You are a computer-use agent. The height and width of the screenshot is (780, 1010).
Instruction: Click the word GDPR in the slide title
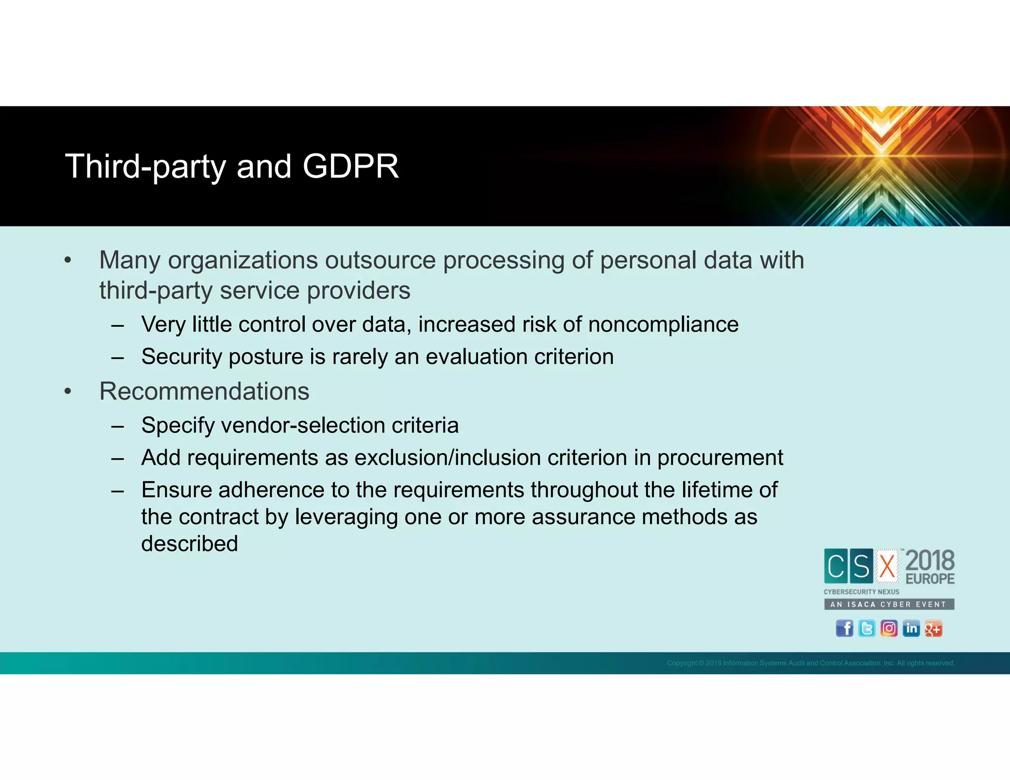(350, 166)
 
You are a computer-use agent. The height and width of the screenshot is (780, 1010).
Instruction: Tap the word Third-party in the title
(145, 167)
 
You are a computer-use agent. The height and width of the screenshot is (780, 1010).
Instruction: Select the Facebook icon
(844, 628)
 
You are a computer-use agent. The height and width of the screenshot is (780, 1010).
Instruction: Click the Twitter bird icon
(866, 628)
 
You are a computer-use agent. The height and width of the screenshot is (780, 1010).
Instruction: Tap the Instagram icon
(889, 628)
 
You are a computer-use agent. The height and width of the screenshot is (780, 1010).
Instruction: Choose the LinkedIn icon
(911, 628)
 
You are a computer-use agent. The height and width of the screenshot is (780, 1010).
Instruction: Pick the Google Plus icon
(933, 628)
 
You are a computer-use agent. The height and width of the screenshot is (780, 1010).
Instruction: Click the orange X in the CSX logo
(887, 566)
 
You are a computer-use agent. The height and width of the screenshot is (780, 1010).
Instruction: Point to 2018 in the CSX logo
(930, 561)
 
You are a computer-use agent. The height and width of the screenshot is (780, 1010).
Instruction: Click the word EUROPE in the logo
(930, 579)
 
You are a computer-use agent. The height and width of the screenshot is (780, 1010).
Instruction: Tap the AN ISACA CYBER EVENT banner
(889, 604)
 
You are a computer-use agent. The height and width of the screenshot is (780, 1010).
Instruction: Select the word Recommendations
(204, 391)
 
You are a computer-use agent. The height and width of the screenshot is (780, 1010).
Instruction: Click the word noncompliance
(663, 324)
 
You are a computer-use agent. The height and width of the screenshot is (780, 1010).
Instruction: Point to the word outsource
(380, 260)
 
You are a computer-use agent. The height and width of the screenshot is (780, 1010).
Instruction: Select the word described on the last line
(189, 544)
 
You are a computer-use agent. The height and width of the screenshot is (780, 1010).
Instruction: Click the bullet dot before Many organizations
(68, 261)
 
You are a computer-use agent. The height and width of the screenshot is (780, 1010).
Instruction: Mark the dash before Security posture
(117, 357)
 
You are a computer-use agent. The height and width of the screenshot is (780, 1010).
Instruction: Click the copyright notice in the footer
(810, 663)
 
